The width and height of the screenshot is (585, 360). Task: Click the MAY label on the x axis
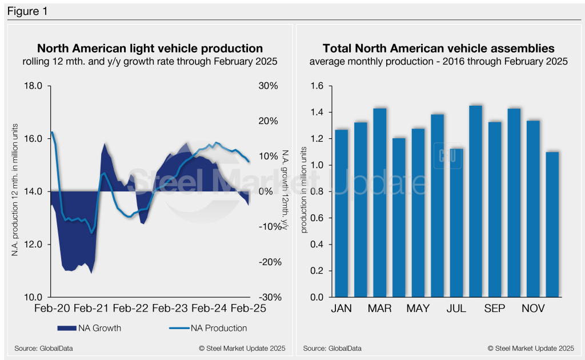coord(418,309)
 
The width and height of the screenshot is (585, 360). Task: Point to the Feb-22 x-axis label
coord(131,309)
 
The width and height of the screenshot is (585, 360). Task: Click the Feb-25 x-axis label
coord(249,309)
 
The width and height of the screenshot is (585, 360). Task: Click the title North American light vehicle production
coord(150,49)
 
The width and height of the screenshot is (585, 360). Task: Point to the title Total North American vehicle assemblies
coord(438,49)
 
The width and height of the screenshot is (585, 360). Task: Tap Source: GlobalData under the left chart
coord(40,348)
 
